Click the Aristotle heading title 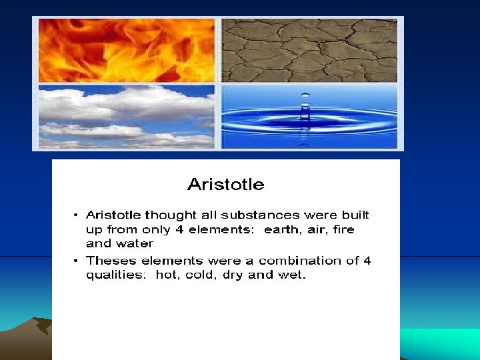pyautogui.click(x=225, y=184)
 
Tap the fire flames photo pyautogui.click(x=127, y=51)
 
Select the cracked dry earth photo pyautogui.click(x=309, y=51)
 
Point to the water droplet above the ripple pyautogui.click(x=305, y=100)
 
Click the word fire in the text pyautogui.click(x=344, y=229)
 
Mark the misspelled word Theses pyautogui.click(x=109, y=261)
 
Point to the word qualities pyautogui.click(x=117, y=275)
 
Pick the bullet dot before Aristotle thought pyautogui.click(x=76, y=215)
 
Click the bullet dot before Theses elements pyautogui.click(x=76, y=261)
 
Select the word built pyautogui.click(x=354, y=215)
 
